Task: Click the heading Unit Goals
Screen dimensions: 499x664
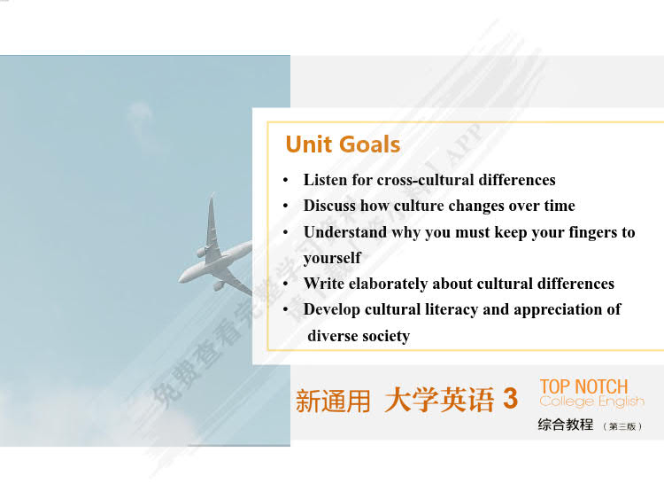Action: [x=343, y=144]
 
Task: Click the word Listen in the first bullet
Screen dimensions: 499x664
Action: [x=325, y=180]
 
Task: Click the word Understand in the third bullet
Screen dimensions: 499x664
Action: [x=345, y=232]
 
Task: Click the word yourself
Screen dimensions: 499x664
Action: [x=332, y=258]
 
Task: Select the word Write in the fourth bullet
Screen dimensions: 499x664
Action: [x=324, y=284]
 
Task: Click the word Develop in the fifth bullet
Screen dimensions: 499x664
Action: [x=332, y=309]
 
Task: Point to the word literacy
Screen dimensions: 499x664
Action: [x=447, y=309]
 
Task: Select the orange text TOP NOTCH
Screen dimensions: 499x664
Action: [x=583, y=386]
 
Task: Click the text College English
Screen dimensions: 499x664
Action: [x=591, y=402]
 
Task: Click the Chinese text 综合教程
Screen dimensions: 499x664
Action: [x=566, y=425]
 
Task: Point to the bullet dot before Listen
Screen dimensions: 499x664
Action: [x=285, y=181]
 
